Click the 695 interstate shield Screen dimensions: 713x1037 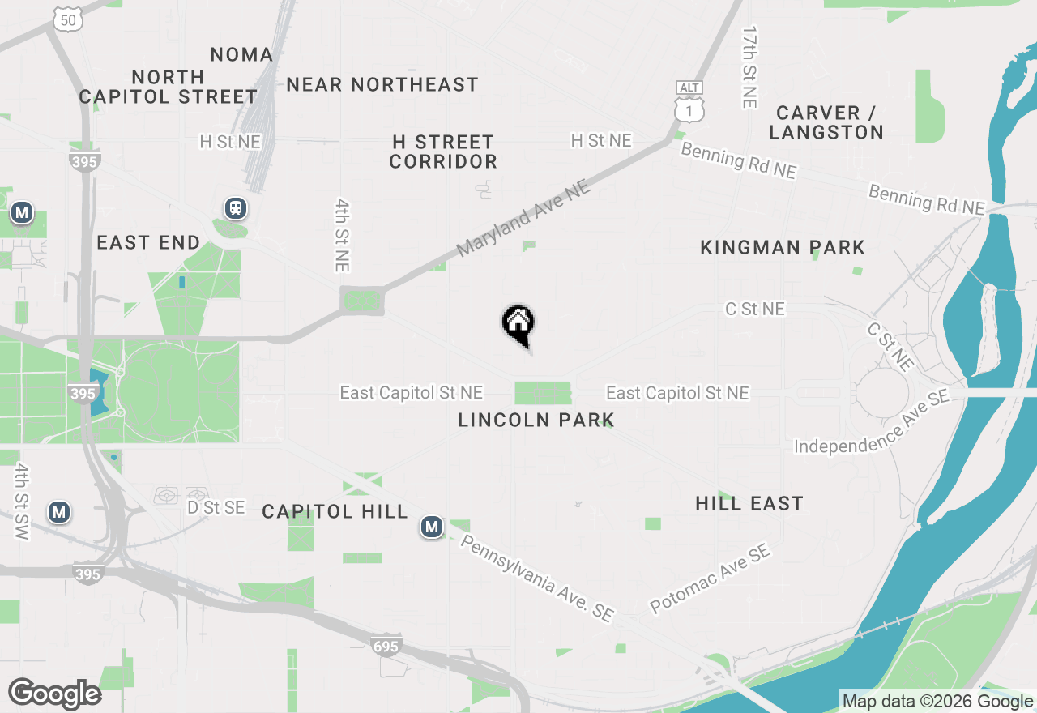[386, 646]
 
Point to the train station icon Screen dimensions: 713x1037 [236, 208]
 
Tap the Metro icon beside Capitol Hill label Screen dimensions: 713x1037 [432, 527]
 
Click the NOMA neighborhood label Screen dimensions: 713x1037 [241, 54]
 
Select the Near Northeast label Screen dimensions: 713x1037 [382, 84]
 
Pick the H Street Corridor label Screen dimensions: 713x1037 [443, 152]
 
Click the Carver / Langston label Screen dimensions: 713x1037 [826, 122]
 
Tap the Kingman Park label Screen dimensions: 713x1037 [783, 247]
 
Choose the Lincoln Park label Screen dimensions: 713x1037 [536, 420]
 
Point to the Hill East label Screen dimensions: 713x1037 [749, 503]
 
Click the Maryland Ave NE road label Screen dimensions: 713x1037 [523, 219]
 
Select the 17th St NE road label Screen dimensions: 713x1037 [749, 67]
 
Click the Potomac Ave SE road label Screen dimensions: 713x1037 [711, 579]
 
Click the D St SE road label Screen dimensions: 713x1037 [216, 507]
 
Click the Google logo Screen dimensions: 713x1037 [54, 694]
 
